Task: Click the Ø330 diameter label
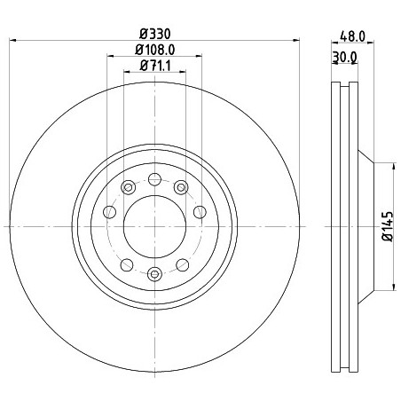point(155,34)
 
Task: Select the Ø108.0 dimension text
point(155,50)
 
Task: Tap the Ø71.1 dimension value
point(155,66)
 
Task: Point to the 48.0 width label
point(352,36)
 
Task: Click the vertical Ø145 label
point(389,226)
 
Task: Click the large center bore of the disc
point(154,226)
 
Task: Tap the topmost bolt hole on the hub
point(154,179)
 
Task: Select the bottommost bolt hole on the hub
point(154,274)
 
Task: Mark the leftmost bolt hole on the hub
point(109,212)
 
